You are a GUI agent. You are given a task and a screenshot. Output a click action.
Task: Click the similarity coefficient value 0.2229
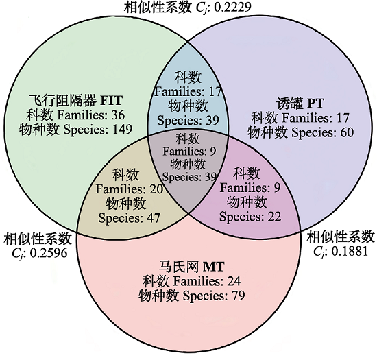[232, 7]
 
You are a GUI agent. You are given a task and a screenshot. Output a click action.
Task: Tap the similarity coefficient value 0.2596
[49, 253]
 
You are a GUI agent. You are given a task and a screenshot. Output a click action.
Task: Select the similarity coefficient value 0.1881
[350, 251]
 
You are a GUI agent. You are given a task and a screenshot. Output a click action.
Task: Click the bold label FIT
[111, 100]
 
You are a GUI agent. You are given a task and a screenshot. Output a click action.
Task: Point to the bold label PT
[315, 104]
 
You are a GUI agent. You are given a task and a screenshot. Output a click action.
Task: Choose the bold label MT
[214, 267]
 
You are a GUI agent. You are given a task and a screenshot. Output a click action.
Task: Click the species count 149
[123, 130]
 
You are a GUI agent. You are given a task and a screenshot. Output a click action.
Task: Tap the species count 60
[347, 132]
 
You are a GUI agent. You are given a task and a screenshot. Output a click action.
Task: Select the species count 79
[238, 296]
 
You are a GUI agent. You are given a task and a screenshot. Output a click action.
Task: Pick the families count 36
[118, 115]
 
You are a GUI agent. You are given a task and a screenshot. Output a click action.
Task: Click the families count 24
[234, 281]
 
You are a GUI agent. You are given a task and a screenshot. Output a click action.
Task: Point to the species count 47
[154, 218]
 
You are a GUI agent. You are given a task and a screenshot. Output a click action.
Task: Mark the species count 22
[274, 217]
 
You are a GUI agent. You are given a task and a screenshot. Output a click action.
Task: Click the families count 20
[156, 189]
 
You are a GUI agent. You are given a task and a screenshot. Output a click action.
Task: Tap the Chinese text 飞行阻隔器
[63, 100]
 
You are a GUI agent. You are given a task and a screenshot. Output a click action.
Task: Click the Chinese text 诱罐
[290, 104]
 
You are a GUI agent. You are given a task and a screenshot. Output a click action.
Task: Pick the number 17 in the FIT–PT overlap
[215, 92]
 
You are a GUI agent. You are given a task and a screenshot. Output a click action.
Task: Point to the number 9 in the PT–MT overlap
[277, 188]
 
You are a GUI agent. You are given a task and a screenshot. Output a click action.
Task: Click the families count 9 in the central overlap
[212, 152]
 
